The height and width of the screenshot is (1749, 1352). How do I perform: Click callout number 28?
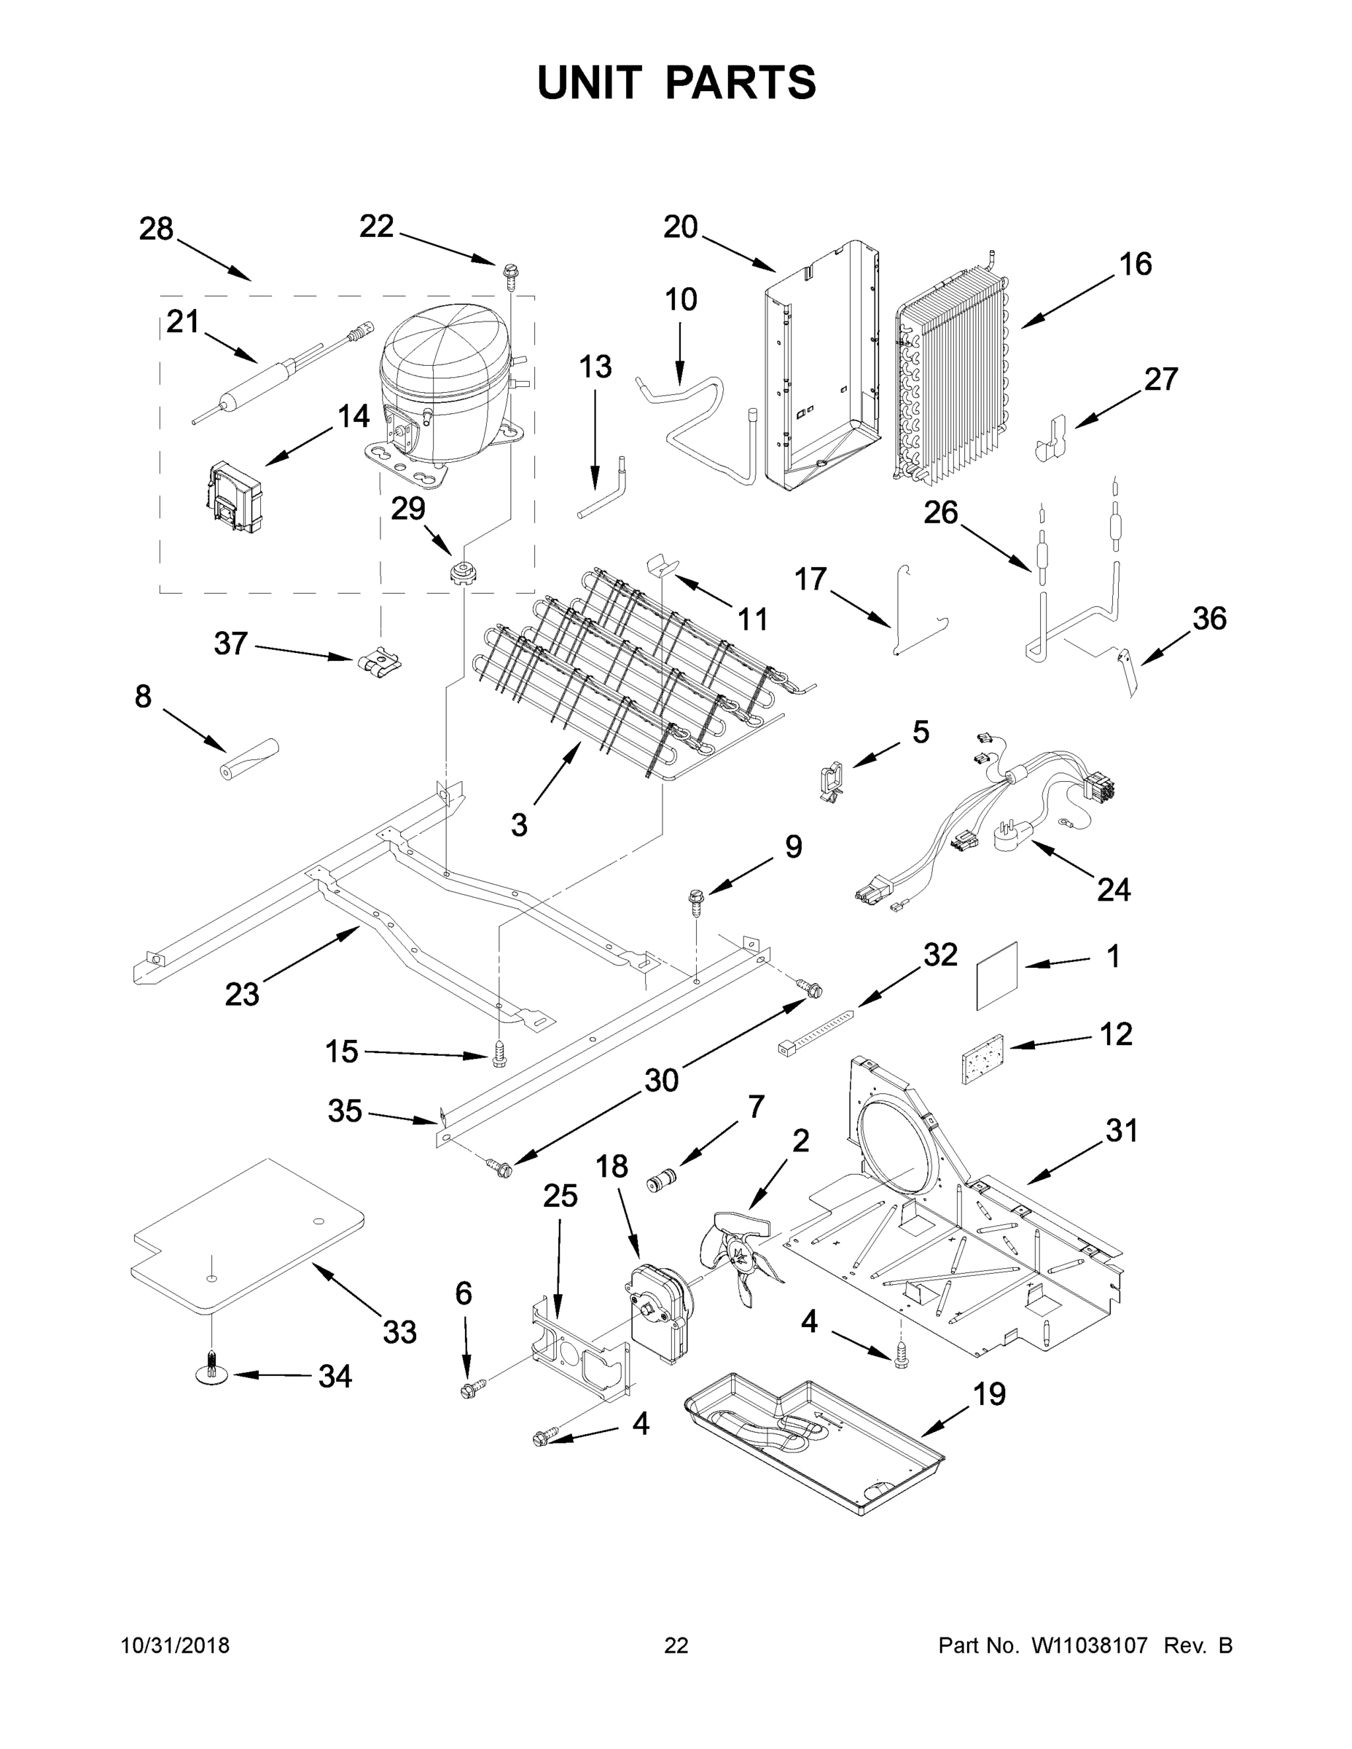coord(156,229)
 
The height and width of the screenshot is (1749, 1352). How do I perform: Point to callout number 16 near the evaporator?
coord(1135,265)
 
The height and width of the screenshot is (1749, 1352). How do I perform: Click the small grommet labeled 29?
coord(463,574)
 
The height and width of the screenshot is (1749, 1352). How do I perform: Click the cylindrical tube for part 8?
coord(249,759)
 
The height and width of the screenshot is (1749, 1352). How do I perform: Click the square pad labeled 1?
coord(996,975)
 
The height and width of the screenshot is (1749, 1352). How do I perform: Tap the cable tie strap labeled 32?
coord(816,1031)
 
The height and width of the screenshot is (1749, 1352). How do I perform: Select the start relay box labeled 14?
coord(233,497)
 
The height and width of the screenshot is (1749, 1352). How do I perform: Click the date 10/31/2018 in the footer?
coord(176,1646)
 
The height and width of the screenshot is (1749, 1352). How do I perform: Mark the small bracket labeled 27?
coord(1052,438)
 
